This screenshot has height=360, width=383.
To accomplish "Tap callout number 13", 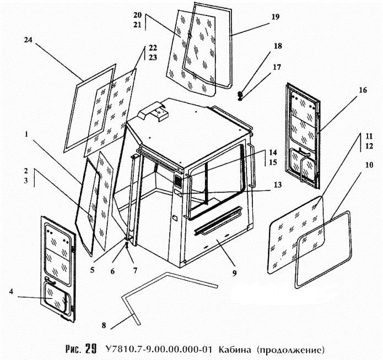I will coord(277,185).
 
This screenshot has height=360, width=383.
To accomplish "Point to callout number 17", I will coord(276,67).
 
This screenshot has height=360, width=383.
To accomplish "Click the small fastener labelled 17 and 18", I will coord(240,97).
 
